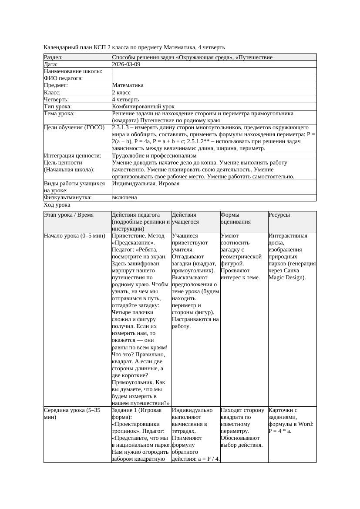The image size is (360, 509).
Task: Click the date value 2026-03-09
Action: [x=126, y=64]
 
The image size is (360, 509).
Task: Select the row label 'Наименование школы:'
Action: [x=73, y=71]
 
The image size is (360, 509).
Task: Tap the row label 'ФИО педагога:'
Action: [x=64, y=78]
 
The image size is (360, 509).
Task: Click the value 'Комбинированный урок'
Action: [x=143, y=107]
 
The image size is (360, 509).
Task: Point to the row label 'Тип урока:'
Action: [x=58, y=107]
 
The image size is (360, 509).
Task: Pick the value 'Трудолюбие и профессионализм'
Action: [x=154, y=156]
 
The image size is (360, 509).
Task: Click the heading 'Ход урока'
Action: [x=57, y=205]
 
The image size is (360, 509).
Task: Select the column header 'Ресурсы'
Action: [x=279, y=215]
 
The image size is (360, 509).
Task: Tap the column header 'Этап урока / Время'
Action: [x=69, y=215]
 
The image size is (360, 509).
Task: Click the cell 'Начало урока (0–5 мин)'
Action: [x=74, y=236]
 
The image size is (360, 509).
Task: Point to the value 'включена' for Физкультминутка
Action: [x=124, y=198]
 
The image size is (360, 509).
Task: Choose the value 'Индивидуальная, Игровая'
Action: [x=146, y=184]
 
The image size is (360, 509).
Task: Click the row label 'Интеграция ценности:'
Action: [x=73, y=156]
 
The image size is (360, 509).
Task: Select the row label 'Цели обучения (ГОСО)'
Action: [x=74, y=127]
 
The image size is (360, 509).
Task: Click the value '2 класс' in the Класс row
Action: [x=121, y=93]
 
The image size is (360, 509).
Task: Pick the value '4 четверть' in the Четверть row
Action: [x=125, y=100]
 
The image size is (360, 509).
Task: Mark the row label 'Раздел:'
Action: [x=54, y=57]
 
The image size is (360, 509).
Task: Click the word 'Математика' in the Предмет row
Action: [x=128, y=86]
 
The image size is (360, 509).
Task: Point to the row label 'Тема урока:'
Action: [x=60, y=114]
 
